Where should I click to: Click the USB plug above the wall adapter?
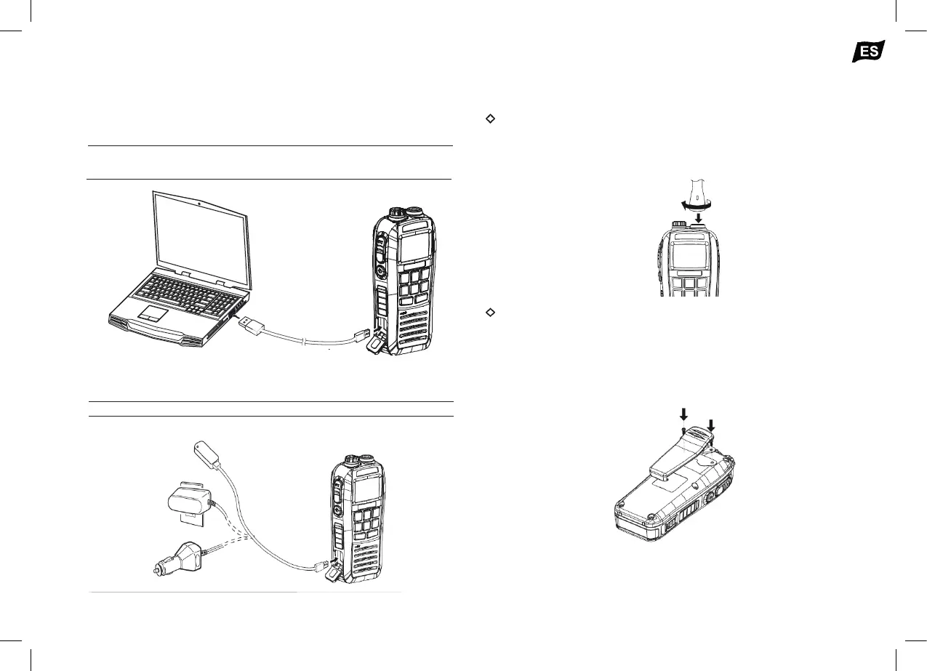tap(207, 451)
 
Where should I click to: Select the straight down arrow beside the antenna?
tap(699, 217)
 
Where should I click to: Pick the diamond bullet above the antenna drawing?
tap(489, 118)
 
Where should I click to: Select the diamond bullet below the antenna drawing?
tap(489, 312)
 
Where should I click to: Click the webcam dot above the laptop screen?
tap(199, 201)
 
